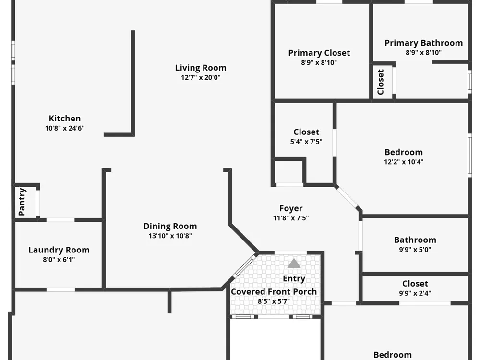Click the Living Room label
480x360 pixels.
click(x=201, y=68)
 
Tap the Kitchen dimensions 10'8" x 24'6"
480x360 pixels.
click(x=65, y=128)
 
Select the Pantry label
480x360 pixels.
click(x=22, y=202)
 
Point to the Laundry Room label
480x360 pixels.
click(x=59, y=250)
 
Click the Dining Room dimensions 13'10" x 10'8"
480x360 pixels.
click(x=170, y=236)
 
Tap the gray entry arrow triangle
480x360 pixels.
click(x=294, y=263)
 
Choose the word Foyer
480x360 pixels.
click(x=291, y=208)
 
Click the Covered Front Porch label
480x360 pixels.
click(x=274, y=292)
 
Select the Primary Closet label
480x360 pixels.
click(x=319, y=53)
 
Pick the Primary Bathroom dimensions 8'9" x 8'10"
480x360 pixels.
click(x=424, y=53)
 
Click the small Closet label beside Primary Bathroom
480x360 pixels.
click(x=381, y=82)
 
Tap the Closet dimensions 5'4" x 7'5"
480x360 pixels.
click(x=306, y=142)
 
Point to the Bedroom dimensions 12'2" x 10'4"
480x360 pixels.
click(x=404, y=162)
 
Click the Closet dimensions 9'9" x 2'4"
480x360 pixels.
click(x=415, y=293)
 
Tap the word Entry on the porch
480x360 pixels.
click(x=294, y=278)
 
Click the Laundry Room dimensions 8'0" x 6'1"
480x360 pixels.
click(x=59, y=260)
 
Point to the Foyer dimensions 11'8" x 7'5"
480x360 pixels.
click(x=291, y=218)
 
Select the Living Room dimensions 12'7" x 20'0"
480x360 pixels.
click(x=201, y=77)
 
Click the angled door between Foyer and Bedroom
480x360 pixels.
click(x=347, y=197)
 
